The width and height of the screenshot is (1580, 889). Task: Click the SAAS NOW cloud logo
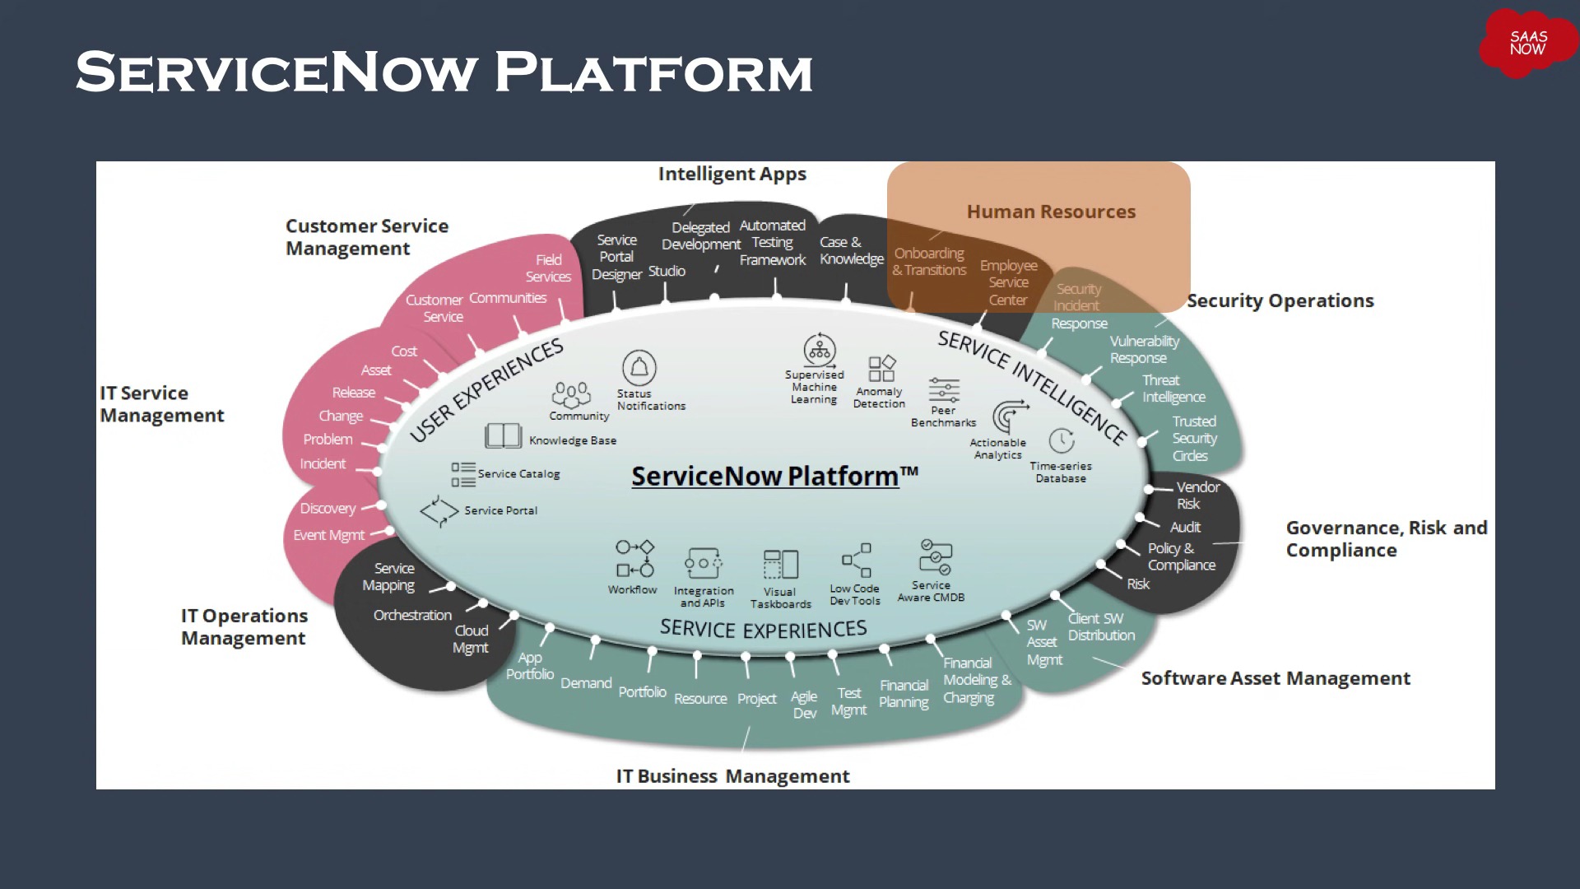pos(1527,44)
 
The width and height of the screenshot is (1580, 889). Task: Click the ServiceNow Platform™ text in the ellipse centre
pos(774,476)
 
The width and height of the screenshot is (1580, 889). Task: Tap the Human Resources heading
pos(1051,212)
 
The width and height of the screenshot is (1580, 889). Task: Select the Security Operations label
pos(1280,301)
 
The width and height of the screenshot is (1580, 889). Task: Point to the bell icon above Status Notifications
pos(639,367)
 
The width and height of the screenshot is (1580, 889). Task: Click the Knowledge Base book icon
pos(503,435)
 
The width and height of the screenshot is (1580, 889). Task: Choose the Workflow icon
pos(634,559)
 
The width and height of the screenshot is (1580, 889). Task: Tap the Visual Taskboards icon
pos(780,565)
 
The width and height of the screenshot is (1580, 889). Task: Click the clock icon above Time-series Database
pos(1062,440)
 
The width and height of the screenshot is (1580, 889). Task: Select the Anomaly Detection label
pos(879,398)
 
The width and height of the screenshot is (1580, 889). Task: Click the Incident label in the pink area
pos(323,464)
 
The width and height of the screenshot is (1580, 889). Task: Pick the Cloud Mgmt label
pos(471,639)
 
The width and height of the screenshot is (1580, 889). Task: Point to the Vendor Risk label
pos(1197,495)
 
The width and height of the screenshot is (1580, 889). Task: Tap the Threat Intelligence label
pos(1173,389)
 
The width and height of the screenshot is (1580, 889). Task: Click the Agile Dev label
pos(804,705)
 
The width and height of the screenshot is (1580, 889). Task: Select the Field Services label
pos(548,268)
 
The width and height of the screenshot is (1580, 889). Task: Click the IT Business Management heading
pos(732,776)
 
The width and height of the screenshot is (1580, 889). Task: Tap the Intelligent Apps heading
pos(732,175)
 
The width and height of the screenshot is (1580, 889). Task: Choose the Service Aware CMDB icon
pos(935,557)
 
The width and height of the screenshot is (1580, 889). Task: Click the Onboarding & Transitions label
pos(929,262)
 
